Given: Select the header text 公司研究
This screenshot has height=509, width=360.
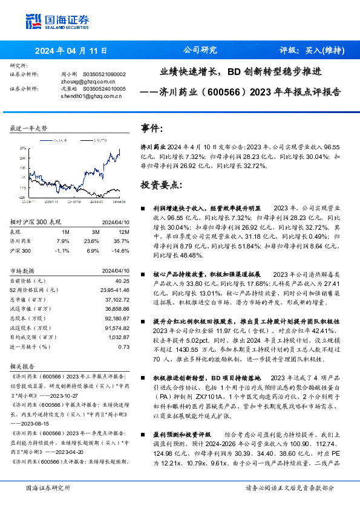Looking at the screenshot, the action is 200,50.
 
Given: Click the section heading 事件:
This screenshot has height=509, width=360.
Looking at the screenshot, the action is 152,129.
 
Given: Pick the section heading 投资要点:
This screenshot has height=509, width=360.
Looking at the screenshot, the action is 161,184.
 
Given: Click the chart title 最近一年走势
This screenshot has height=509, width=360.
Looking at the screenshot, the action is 29,128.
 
